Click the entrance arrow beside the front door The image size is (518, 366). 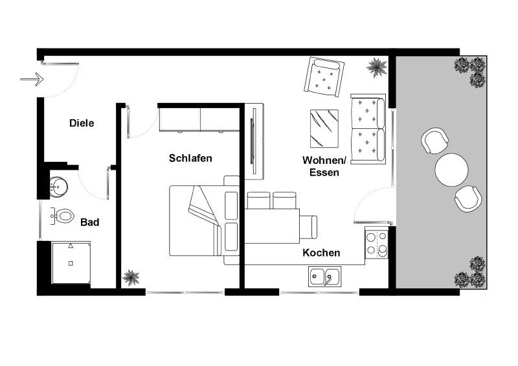click(31, 80)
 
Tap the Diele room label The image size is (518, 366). click(82, 122)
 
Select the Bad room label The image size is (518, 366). click(89, 222)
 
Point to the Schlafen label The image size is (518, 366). click(190, 157)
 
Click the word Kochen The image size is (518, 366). click(321, 253)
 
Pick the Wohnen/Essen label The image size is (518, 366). click(324, 166)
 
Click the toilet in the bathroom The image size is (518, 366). click(63, 216)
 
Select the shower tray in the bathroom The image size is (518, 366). click(71, 262)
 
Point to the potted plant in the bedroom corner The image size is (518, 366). click(131, 277)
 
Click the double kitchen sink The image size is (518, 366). click(324, 277)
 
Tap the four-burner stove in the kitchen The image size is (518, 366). click(377, 244)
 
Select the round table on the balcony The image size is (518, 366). click(451, 170)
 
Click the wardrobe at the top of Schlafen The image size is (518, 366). click(200, 118)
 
